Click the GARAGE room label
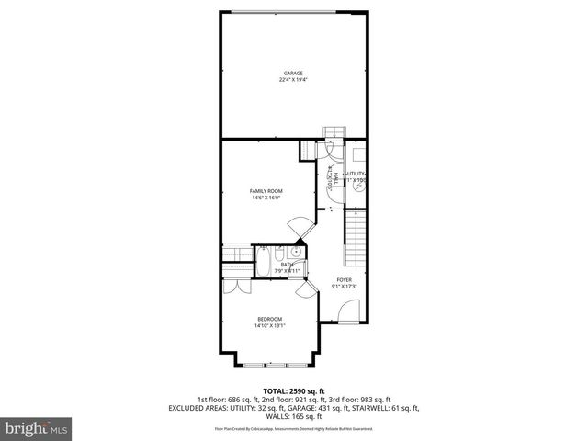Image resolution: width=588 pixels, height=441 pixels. click(292, 73)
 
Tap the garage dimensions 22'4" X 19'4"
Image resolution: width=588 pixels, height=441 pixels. click(292, 80)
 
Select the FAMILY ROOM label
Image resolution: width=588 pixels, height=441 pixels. click(265, 191)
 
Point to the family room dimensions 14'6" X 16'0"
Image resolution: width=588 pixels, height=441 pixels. click(265, 198)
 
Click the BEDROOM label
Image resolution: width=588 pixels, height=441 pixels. click(269, 319)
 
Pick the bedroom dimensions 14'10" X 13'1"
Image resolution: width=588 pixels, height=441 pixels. click(269, 325)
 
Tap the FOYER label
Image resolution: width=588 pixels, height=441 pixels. click(344, 280)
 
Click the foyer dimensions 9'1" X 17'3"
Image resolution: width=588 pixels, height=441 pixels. click(344, 287)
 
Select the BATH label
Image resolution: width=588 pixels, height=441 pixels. click(288, 265)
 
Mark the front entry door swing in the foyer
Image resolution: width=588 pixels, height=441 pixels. click(348, 312)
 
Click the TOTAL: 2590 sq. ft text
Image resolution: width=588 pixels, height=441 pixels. click(293, 390)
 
